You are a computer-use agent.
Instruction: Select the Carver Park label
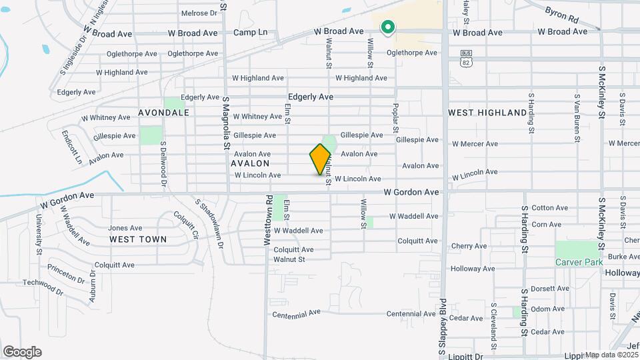tap(579, 262)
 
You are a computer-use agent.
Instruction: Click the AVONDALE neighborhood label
tap(164, 113)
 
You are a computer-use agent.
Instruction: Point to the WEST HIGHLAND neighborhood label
tap(487, 113)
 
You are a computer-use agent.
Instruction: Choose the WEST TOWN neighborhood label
tap(138, 239)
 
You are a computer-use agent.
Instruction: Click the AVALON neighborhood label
tap(250, 163)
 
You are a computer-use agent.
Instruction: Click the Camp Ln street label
tap(250, 32)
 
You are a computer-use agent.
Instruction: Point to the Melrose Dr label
tap(199, 13)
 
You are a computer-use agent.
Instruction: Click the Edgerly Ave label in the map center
tap(311, 97)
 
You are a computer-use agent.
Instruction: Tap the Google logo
tap(22, 352)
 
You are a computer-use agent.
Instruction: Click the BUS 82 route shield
tap(466, 58)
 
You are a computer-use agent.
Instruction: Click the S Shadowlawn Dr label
tap(209, 222)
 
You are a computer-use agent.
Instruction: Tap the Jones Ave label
tap(125, 228)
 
